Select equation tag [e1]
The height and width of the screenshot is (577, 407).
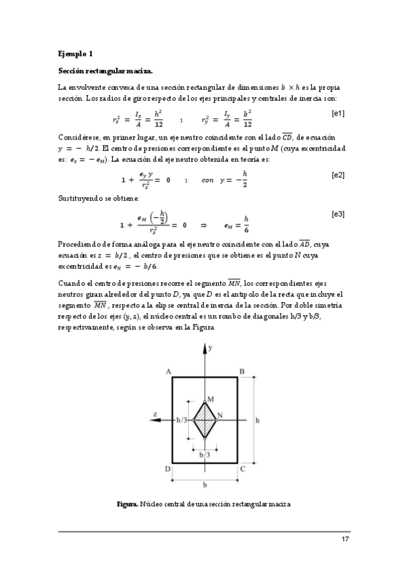click(337, 113)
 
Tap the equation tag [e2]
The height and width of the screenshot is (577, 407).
click(337, 175)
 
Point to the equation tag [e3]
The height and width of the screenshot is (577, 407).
click(337, 215)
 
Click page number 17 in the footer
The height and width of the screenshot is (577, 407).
click(344, 540)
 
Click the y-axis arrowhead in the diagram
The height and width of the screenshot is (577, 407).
click(205, 349)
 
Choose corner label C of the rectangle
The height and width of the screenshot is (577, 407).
click(243, 469)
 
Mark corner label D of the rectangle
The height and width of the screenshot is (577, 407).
click(167, 469)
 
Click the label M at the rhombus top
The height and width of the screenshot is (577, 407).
click(210, 398)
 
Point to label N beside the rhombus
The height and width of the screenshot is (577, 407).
click(220, 414)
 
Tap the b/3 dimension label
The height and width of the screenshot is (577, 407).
click(203, 455)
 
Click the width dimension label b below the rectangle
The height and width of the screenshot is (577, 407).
click(205, 486)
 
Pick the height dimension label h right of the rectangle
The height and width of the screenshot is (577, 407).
click(257, 421)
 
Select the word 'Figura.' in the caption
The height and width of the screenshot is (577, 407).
click(127, 504)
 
